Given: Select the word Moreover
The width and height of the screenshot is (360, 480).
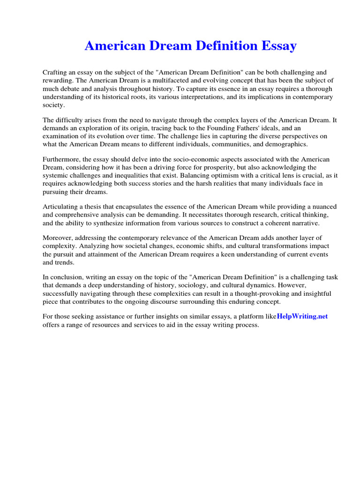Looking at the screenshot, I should [57, 238].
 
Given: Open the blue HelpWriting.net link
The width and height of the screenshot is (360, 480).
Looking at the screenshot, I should [302, 316].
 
